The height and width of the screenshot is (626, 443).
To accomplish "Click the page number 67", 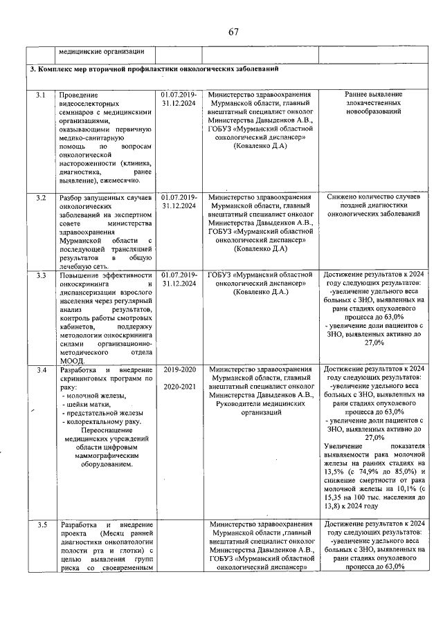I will (233, 32).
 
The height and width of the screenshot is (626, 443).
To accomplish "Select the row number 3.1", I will (41, 94).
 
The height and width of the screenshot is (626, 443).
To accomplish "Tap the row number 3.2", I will (41, 198).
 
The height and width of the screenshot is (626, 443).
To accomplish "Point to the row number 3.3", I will (41, 275).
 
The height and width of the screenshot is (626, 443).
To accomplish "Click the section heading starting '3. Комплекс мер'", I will (154, 70).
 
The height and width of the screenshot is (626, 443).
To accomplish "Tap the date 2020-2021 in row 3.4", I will (179, 387).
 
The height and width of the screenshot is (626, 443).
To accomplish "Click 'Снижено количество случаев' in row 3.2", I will (374, 198).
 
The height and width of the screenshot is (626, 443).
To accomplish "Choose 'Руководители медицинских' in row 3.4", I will (261, 403).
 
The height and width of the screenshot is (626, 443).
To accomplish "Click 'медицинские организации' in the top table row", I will (101, 51).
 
